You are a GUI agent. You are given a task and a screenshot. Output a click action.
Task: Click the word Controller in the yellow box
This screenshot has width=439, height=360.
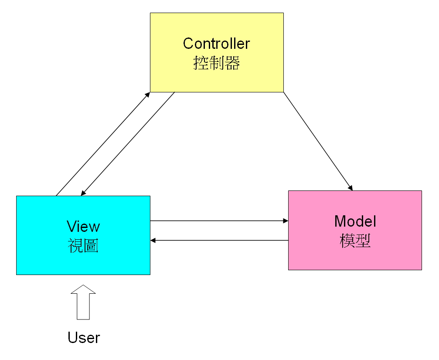pos(216,44)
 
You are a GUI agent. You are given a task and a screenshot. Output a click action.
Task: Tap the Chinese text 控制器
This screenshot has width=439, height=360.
pos(216,64)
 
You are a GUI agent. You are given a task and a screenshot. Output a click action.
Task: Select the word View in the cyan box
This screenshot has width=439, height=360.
pos(83,226)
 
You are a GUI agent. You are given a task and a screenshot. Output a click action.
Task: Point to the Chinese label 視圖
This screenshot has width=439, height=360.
pos(83,246)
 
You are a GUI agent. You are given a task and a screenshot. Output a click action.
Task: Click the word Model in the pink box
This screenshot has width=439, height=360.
pos(355,221)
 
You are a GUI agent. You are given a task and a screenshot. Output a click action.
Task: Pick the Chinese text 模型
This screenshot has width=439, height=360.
pos(355,241)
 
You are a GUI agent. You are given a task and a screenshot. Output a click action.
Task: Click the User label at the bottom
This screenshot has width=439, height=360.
pos(84,338)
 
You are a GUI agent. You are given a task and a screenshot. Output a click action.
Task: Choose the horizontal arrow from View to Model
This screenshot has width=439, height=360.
pos(218,221)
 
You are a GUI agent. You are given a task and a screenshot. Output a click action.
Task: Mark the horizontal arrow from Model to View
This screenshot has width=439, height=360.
pos(218,240)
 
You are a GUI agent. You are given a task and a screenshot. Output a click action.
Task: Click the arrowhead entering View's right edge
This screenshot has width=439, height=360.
pos(153,240)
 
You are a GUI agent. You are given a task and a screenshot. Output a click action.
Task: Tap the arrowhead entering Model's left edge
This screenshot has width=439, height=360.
pos(285,221)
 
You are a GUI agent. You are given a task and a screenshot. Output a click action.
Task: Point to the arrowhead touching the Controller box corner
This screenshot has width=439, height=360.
pos(148,95)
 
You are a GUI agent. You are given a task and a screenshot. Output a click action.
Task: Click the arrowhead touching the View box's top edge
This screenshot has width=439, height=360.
pos(83,193)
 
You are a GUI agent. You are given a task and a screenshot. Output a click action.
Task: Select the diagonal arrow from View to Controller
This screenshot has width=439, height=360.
pos(103,144)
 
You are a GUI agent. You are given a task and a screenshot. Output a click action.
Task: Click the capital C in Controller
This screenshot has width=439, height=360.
pos(188,44)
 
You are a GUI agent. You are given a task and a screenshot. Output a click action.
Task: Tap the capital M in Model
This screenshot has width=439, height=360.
pos(340,221)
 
